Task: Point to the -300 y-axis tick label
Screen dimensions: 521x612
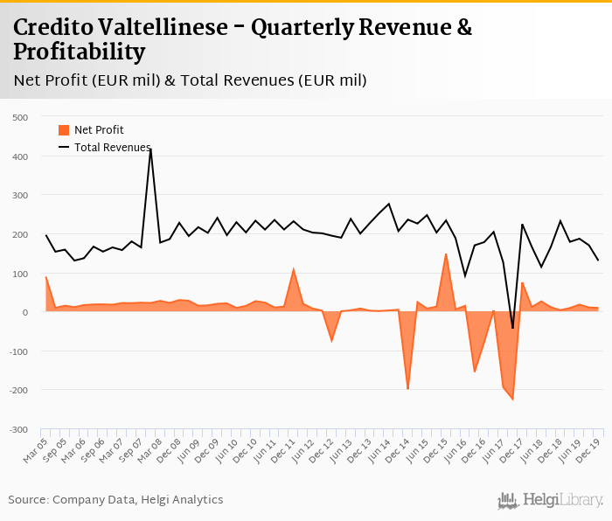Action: (18, 430)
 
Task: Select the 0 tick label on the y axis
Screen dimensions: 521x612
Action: (24, 312)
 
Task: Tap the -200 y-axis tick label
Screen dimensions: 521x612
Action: (18, 391)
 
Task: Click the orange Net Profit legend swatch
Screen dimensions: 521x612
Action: (63, 130)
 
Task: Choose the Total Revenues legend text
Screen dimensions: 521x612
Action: (112, 148)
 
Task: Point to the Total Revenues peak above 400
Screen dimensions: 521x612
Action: (150, 149)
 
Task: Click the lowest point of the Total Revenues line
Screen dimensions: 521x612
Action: (512, 329)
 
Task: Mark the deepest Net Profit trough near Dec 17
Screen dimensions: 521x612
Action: (512, 400)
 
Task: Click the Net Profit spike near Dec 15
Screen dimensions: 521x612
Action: (446, 254)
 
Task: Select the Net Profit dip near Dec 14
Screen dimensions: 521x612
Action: (407, 389)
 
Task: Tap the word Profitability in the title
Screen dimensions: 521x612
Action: (79, 52)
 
